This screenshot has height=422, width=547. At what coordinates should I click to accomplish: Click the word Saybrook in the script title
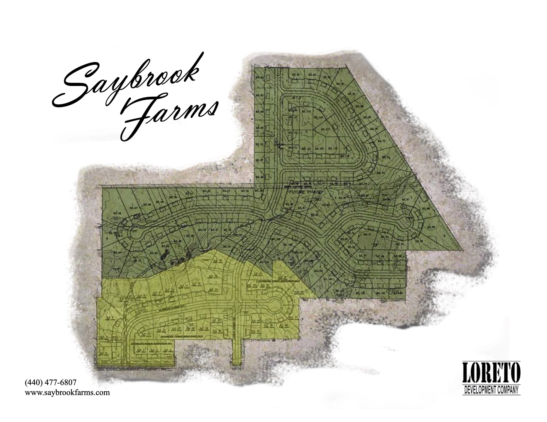[125, 83]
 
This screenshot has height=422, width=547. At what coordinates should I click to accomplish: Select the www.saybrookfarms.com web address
[67, 392]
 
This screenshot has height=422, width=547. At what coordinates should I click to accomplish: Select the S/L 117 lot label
[326, 129]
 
